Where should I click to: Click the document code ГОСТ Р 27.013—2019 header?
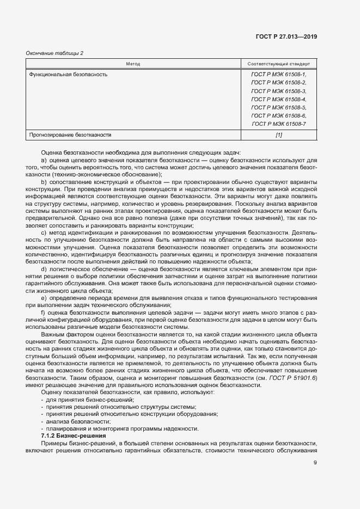tap(286, 36)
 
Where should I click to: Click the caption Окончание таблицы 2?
tap(54, 53)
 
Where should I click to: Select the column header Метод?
tap(133, 64)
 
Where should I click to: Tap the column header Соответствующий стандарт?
tap(278, 64)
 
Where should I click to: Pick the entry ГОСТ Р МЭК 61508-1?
tap(278, 74)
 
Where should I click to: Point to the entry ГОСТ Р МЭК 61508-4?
tap(278, 100)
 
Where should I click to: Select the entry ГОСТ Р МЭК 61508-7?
tap(278, 125)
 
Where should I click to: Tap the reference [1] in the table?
tap(279, 134)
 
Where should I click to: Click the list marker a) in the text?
tap(44, 161)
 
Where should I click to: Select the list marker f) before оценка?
tap(44, 314)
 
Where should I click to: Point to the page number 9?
tap(315, 463)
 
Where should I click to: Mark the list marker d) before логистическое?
tap(44, 268)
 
